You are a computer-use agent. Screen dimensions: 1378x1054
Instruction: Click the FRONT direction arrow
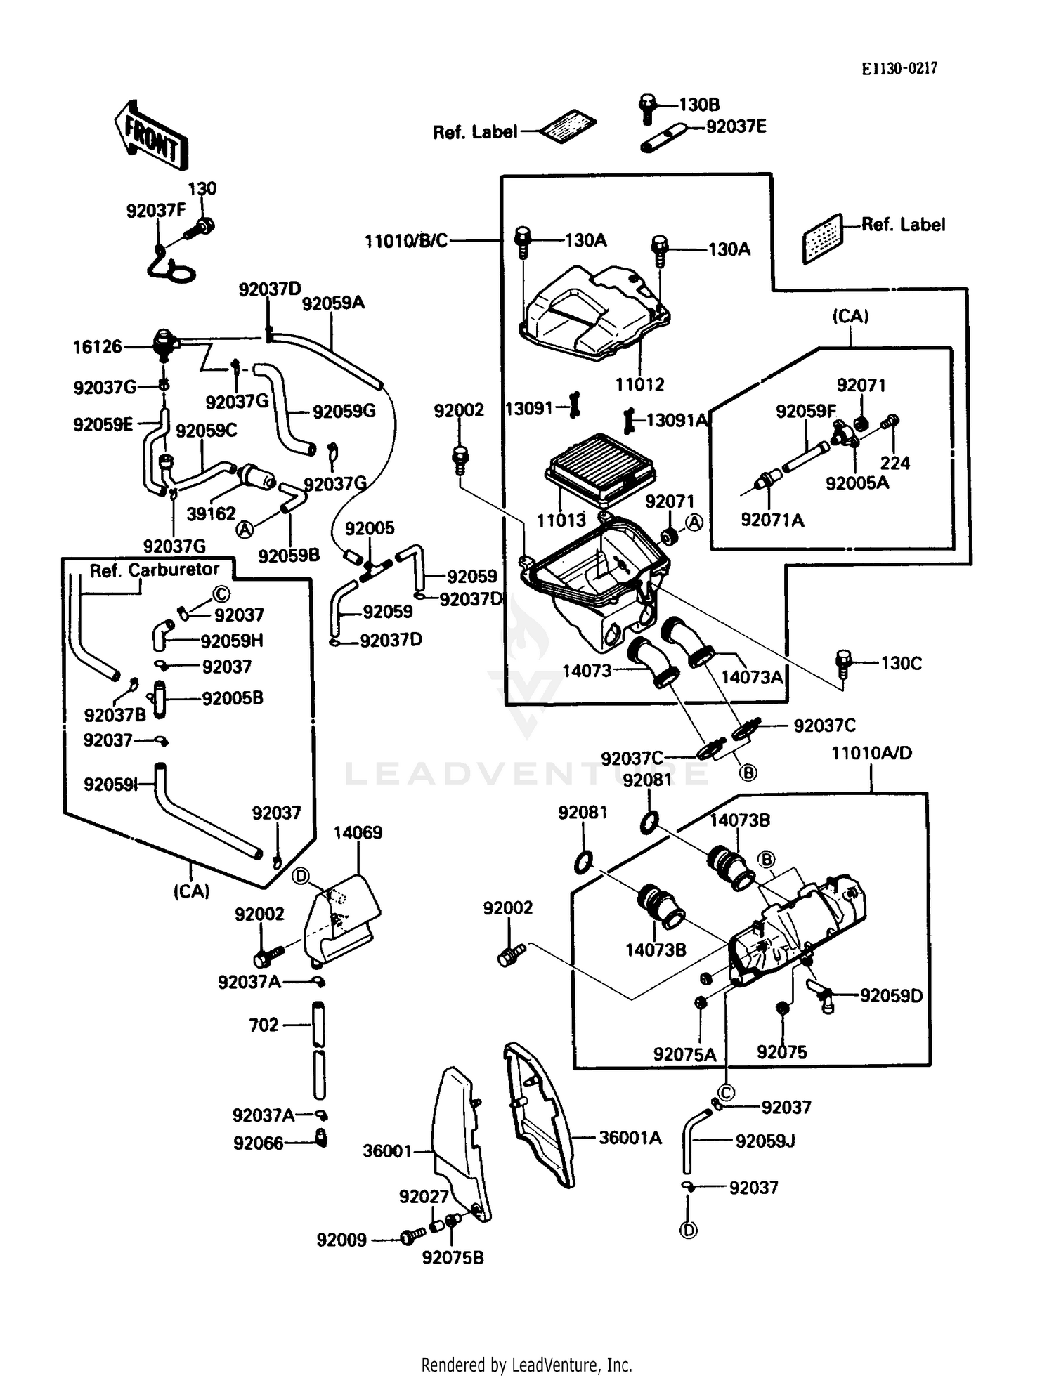150,134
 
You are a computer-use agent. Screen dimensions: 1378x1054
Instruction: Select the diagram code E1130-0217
899,68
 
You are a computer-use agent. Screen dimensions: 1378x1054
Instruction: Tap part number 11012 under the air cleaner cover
639,384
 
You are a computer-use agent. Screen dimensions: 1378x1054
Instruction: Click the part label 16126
98,346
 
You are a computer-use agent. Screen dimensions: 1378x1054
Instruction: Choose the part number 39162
211,513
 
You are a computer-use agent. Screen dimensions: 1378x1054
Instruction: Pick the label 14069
358,833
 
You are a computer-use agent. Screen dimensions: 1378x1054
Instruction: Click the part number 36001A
630,1138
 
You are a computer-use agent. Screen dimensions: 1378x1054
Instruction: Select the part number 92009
341,1240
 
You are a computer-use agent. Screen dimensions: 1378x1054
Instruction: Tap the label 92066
258,1143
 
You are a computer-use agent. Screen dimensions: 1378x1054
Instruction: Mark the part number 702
263,1025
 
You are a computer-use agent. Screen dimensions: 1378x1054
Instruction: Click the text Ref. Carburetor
154,570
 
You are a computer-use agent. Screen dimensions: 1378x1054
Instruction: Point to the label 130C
901,663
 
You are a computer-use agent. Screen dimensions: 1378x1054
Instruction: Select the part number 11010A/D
871,753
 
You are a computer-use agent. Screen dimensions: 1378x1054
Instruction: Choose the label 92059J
765,1141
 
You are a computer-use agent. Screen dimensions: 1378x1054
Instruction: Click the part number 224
894,463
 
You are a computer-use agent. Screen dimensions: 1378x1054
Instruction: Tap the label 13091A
677,420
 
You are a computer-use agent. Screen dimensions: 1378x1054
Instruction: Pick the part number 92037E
736,126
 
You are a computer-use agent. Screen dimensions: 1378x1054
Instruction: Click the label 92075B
453,1258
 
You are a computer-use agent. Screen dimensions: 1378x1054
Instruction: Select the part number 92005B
232,698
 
